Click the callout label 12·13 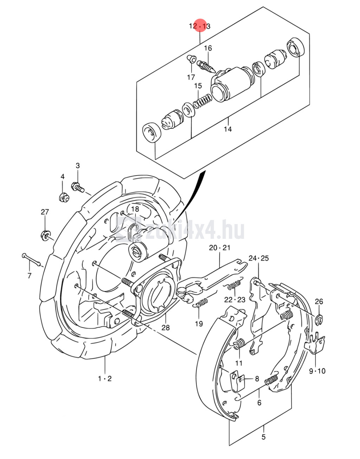200,26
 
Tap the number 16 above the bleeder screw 208,48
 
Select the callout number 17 191,77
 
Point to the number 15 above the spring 198,86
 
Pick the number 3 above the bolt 78,166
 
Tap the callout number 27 45,212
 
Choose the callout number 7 29,275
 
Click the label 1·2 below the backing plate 105,378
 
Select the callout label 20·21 220,248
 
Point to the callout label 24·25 258,258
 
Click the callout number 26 319,301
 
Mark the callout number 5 263,437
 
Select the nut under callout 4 64,197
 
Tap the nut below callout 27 46,235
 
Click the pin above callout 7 31,259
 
